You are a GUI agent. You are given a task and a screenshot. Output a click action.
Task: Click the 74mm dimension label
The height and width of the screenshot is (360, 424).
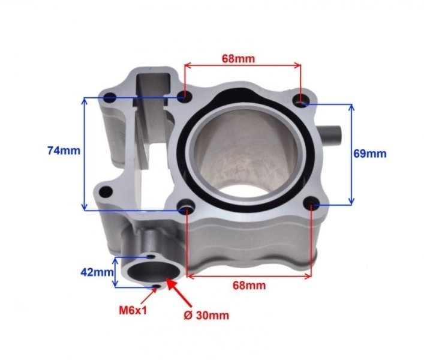pos(64,151)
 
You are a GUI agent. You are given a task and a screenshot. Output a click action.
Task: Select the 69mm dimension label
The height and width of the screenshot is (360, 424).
pos(370,154)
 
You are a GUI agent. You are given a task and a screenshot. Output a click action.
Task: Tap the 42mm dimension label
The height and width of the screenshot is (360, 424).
pos(97,272)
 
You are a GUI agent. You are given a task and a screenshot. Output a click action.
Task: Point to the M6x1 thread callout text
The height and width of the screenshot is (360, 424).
pos(133,311)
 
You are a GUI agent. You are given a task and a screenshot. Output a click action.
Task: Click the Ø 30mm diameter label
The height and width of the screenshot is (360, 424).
pos(206,316)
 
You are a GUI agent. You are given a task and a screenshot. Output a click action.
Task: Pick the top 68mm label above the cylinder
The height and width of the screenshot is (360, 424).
pos(239,58)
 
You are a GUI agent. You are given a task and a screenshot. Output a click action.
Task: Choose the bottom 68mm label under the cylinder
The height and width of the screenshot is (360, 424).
pos(249,286)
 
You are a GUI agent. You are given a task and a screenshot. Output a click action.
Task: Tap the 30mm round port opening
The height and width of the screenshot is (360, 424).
pos(152,272)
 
